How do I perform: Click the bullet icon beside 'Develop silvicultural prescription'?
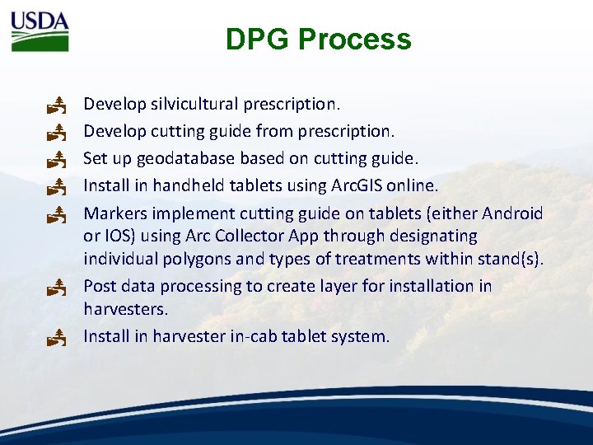[x=56, y=105]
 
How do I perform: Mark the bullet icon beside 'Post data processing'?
[x=56, y=288]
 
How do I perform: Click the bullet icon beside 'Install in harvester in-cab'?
[x=56, y=336]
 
